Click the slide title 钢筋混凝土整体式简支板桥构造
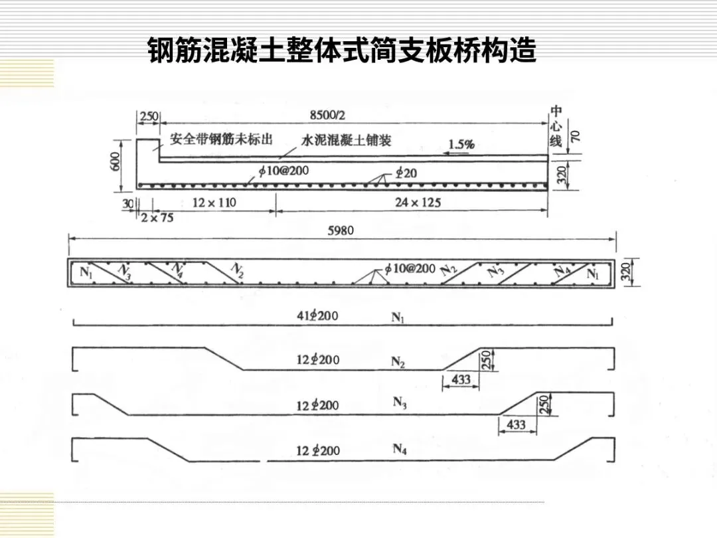(x=342, y=50)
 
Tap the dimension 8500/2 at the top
(x=327, y=115)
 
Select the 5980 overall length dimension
(x=341, y=230)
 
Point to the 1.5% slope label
(x=461, y=143)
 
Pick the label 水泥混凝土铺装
(x=346, y=140)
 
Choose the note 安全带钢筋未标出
(x=221, y=139)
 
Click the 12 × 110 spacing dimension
(x=214, y=202)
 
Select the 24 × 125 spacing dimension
(x=418, y=202)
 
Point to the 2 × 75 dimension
(x=157, y=217)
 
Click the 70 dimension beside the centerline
(x=575, y=136)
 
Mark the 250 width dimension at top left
(x=149, y=116)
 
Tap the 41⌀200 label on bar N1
(x=317, y=315)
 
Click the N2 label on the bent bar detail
(x=398, y=361)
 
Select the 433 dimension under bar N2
(x=460, y=380)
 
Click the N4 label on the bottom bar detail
(x=399, y=449)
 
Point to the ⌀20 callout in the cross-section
(x=406, y=172)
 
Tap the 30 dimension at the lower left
(x=127, y=203)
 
